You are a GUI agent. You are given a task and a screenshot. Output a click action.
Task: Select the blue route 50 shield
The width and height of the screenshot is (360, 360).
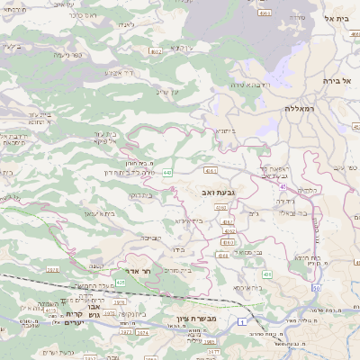[317, 288]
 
